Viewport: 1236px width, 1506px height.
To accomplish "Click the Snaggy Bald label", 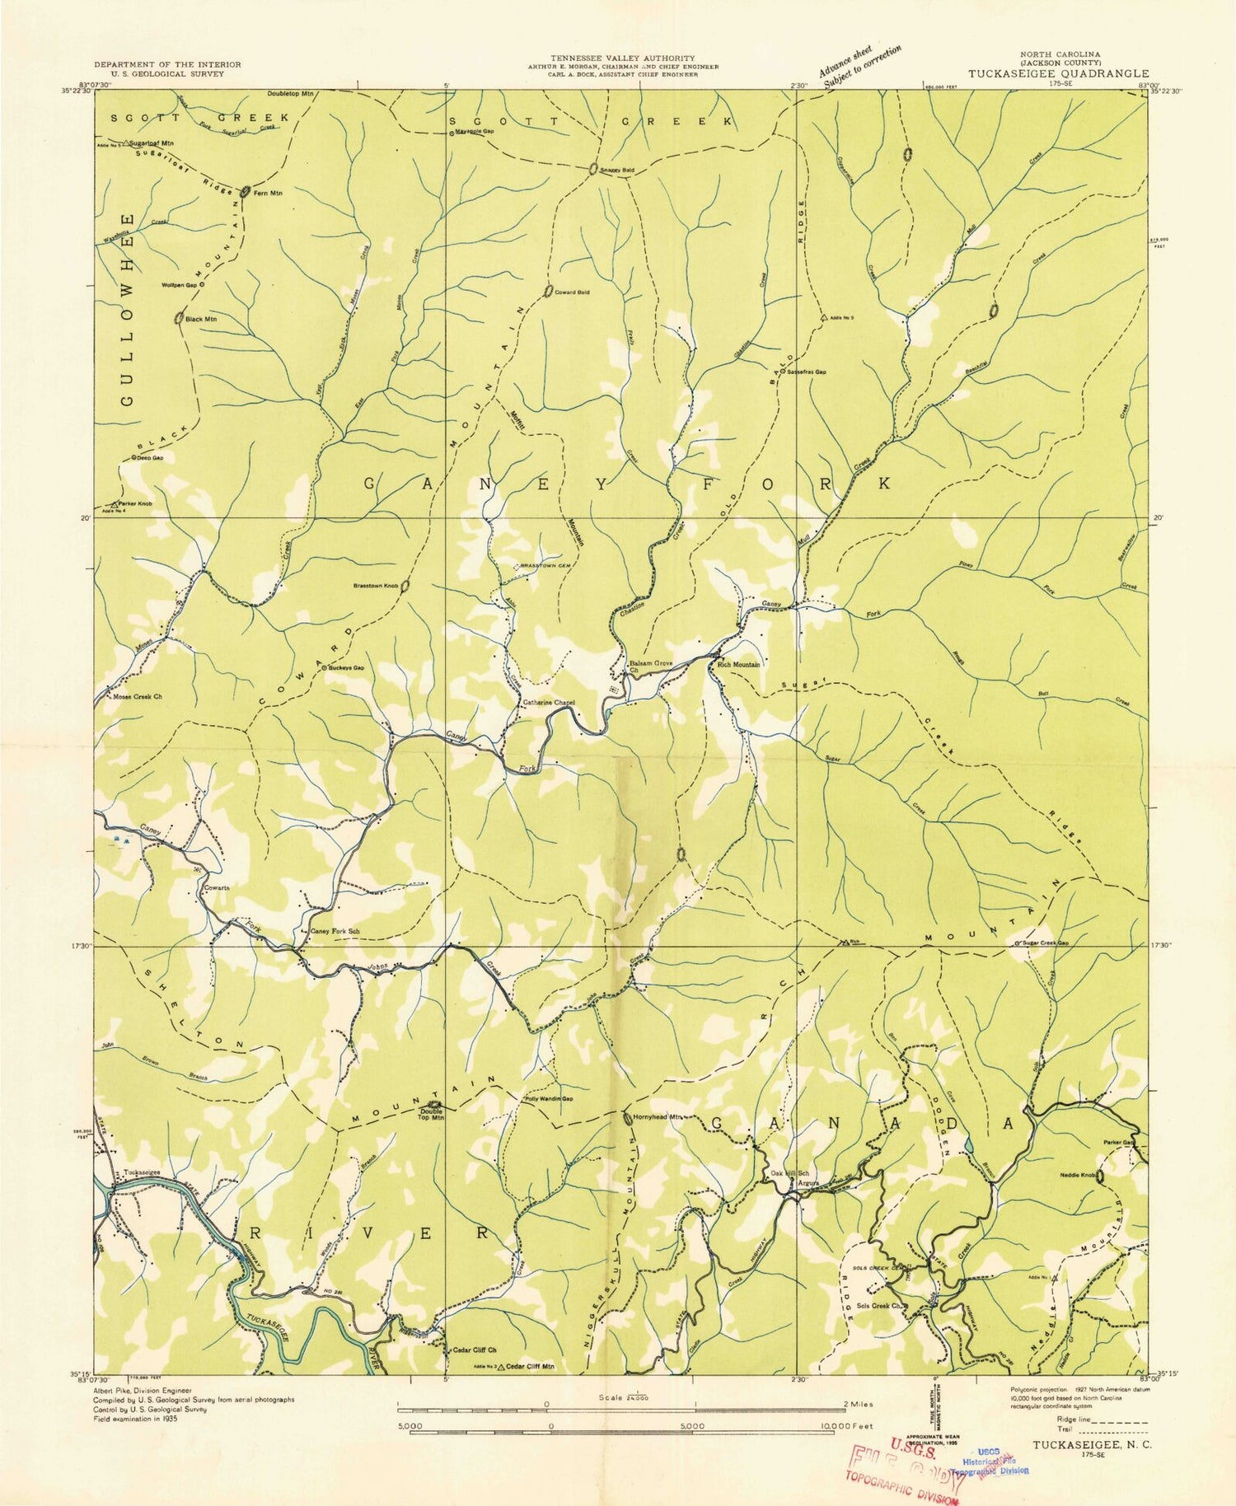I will [617, 171].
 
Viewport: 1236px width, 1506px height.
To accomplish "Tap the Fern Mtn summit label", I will [268, 193].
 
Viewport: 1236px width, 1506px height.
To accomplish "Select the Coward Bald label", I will [573, 292].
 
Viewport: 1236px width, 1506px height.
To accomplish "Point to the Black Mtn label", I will [201, 318].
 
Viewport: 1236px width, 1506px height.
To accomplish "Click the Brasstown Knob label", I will [376, 586].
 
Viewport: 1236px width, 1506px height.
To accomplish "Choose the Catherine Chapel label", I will [548, 703].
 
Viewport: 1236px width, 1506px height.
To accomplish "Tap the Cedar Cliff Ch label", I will [474, 1350].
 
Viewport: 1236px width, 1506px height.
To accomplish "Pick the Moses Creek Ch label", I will [138, 697].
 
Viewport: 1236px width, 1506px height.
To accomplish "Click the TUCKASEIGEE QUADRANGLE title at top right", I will [1058, 72].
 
